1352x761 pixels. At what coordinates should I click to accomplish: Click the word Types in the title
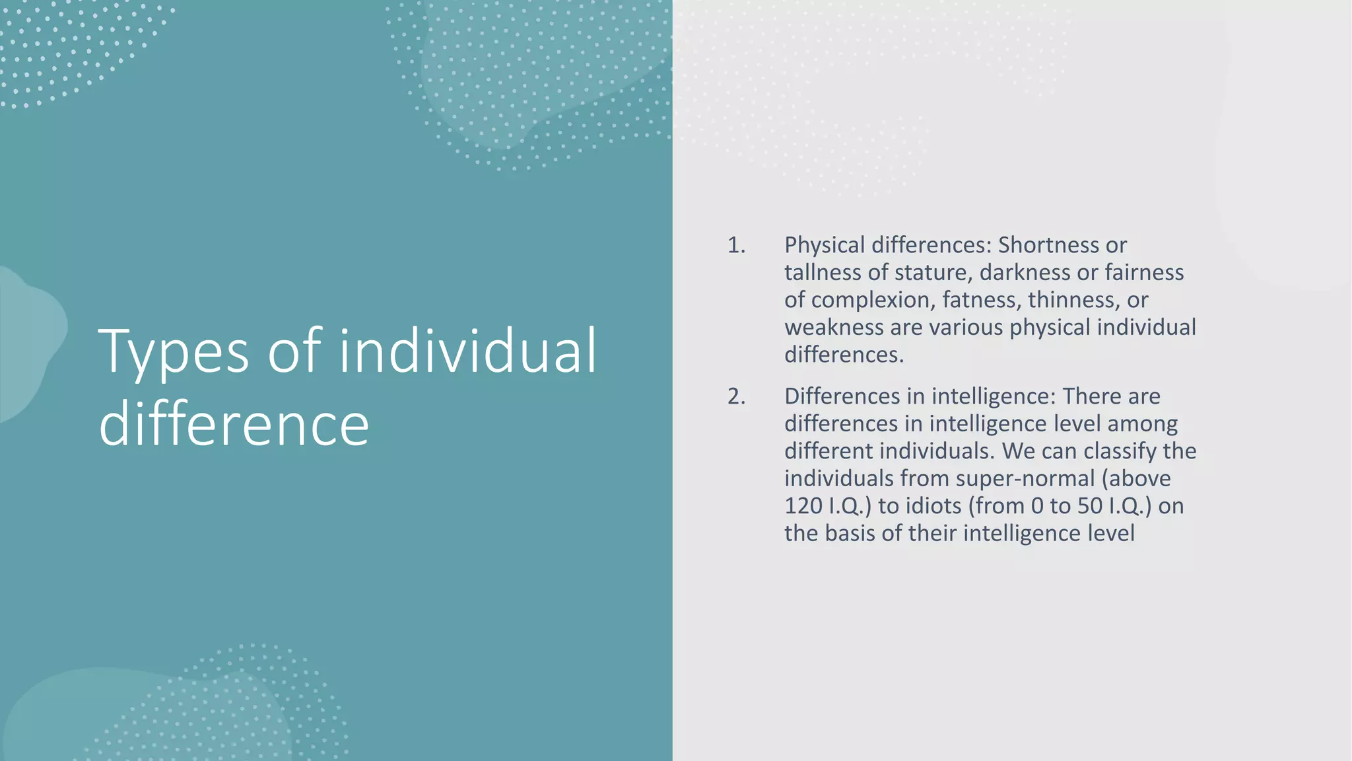click(174, 352)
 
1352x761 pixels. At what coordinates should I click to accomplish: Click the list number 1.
click(735, 245)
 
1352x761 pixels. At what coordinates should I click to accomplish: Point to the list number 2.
click(735, 396)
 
